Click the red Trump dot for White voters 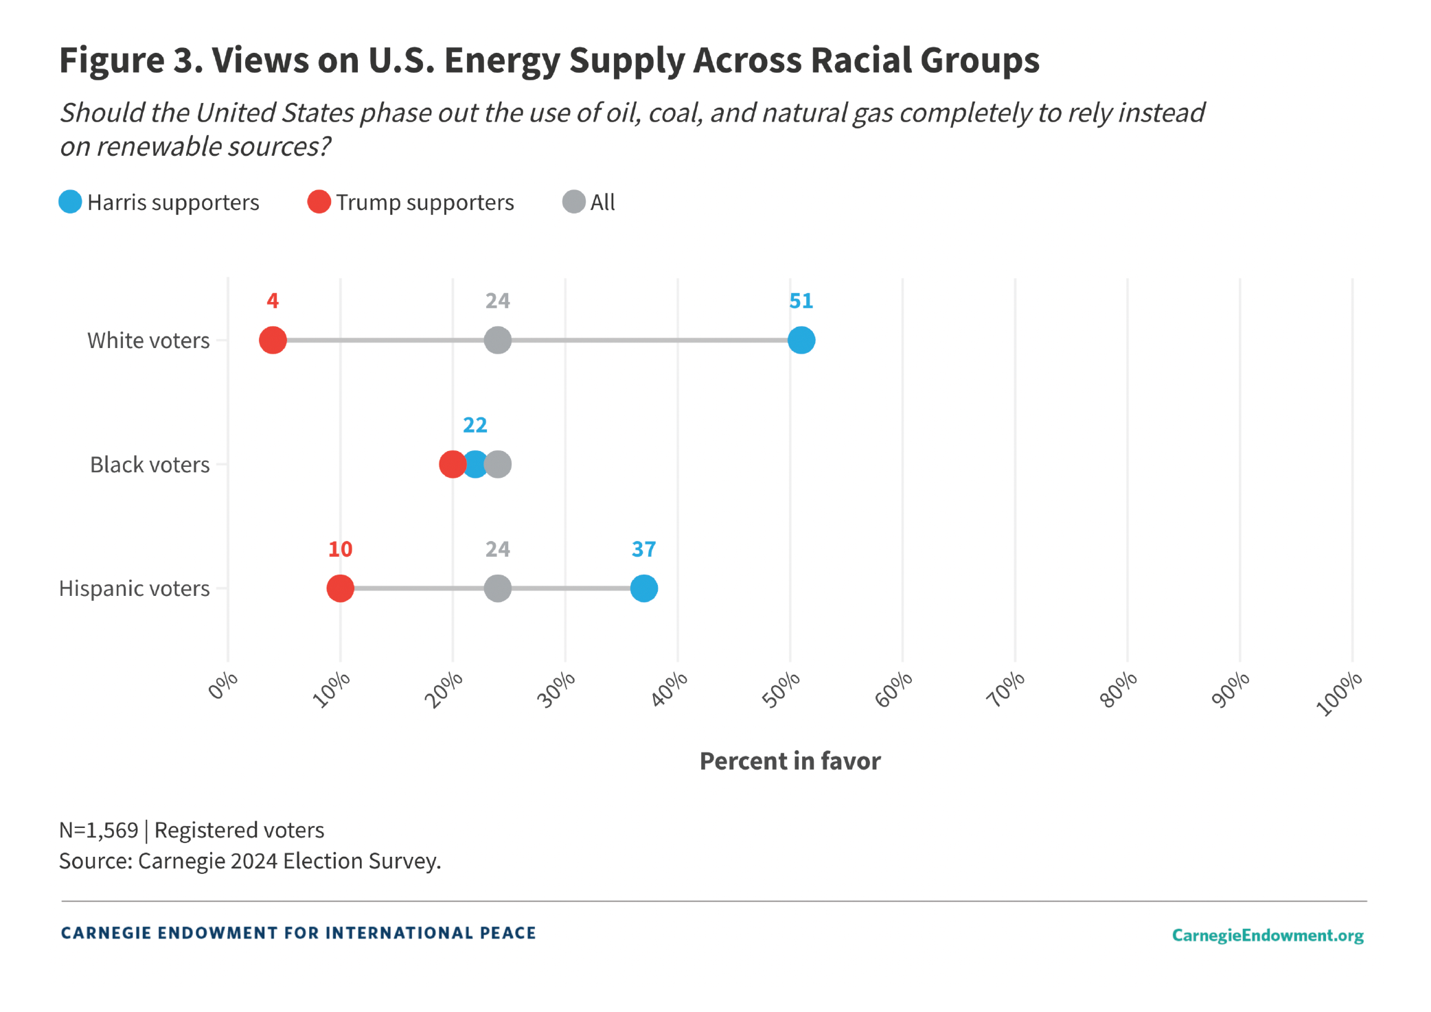coord(273,340)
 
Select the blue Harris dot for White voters coord(801,340)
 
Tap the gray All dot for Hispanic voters coord(497,588)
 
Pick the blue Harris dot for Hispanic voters coord(643,588)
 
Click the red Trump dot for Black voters coord(452,464)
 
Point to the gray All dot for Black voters coord(499,464)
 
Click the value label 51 coord(801,301)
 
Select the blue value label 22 coord(474,425)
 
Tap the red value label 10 coord(340,549)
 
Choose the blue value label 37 coord(643,549)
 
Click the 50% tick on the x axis coord(781,689)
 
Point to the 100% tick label coord(1339,693)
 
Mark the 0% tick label coord(223,685)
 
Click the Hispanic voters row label coord(134,588)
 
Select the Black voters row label coord(150,465)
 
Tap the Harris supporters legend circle coord(70,202)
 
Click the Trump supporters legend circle coord(319,202)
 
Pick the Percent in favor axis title coord(790,761)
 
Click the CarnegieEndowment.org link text coord(1267,935)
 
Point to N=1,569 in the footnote coord(98,830)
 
